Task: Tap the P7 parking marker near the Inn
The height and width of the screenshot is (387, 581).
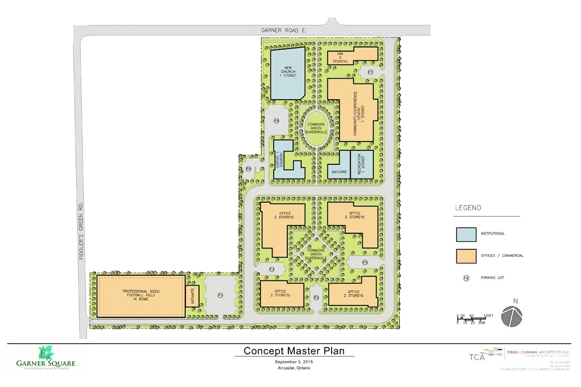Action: click(x=371, y=72)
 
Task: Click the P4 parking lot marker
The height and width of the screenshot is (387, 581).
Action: click(x=364, y=262)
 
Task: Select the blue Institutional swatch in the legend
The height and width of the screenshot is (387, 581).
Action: click(x=466, y=234)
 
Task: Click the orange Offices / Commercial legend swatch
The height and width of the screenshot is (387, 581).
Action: click(x=466, y=256)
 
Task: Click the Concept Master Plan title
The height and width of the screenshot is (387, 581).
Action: click(x=294, y=351)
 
